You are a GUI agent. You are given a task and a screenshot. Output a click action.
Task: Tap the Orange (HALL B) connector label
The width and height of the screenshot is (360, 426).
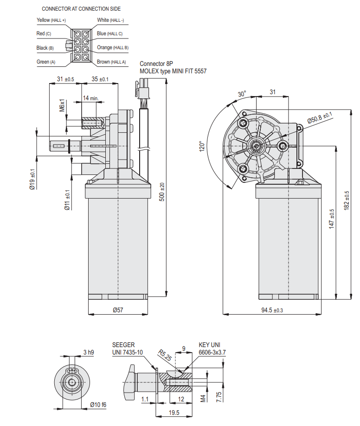113,48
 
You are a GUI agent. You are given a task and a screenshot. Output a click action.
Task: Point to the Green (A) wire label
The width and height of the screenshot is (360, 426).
46,62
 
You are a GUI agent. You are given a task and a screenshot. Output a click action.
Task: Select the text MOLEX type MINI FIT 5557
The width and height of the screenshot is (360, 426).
173,71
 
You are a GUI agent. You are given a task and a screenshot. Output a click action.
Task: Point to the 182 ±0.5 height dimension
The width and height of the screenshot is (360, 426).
347,201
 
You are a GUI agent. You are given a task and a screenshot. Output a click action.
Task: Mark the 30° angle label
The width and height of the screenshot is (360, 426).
242,94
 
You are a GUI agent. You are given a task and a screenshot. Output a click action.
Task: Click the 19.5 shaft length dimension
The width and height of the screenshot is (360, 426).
174,412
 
